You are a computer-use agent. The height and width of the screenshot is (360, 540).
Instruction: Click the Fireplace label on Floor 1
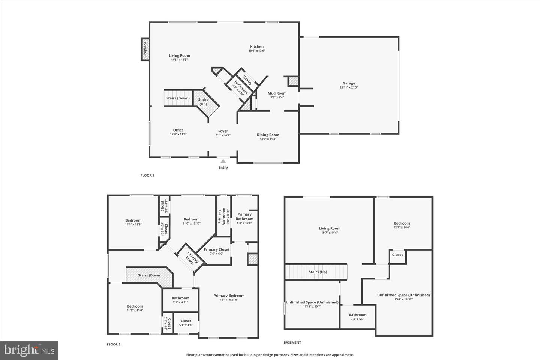[x=145, y=49]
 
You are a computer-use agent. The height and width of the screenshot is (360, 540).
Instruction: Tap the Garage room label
[x=349, y=83]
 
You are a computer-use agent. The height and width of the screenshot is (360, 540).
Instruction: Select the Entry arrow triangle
[x=223, y=161]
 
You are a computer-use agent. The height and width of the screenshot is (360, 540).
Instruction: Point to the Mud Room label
[x=277, y=93]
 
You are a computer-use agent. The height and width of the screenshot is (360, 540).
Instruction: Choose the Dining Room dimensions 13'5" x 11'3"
[x=268, y=139]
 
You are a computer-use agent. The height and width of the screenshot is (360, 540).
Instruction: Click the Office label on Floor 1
[x=178, y=130]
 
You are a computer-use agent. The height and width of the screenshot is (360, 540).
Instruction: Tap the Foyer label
[x=223, y=131]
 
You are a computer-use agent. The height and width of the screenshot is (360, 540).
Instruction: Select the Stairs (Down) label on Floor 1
[x=178, y=98]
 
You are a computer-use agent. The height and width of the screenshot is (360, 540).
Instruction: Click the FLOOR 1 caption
[x=147, y=175]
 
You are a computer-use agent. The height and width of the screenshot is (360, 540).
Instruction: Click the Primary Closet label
[x=217, y=249]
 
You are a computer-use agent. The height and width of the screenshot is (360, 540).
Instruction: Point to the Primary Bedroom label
[x=229, y=295]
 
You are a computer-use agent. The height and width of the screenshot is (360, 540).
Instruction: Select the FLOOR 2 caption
[x=114, y=344]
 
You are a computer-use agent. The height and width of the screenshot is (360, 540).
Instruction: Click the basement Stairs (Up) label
[x=318, y=272]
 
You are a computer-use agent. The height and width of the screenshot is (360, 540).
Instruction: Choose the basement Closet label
[x=397, y=255]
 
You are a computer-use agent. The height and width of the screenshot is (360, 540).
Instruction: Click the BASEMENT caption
[x=292, y=342]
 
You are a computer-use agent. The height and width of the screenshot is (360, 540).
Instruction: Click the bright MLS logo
[x=29, y=350]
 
